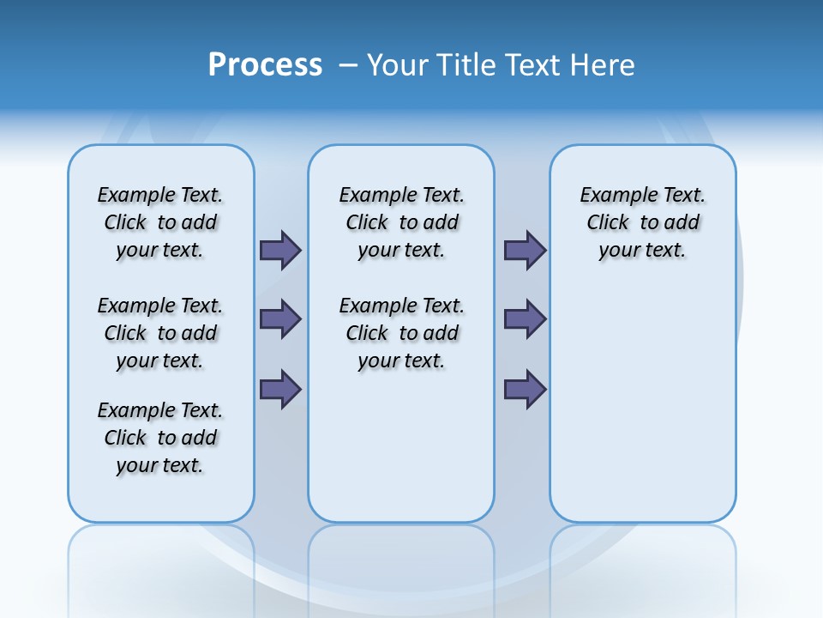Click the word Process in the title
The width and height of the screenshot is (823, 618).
click(x=265, y=65)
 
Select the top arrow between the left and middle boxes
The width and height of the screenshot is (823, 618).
click(x=280, y=250)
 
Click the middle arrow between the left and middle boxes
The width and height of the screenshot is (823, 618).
click(x=280, y=319)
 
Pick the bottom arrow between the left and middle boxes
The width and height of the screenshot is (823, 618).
click(x=280, y=389)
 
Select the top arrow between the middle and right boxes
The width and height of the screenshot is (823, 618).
click(x=525, y=250)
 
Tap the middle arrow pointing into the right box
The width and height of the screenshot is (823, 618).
click(x=525, y=319)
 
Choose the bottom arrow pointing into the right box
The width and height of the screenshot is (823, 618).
click(x=525, y=389)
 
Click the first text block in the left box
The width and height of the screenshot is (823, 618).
click(x=160, y=222)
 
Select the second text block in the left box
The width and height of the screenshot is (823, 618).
click(x=160, y=333)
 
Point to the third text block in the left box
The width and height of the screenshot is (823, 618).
click(x=160, y=438)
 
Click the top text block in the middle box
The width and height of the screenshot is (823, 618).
click(x=401, y=222)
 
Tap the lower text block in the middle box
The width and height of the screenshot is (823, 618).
click(x=401, y=333)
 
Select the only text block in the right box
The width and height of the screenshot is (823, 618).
click(x=642, y=222)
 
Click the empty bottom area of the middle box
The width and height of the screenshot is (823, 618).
click(x=401, y=455)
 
